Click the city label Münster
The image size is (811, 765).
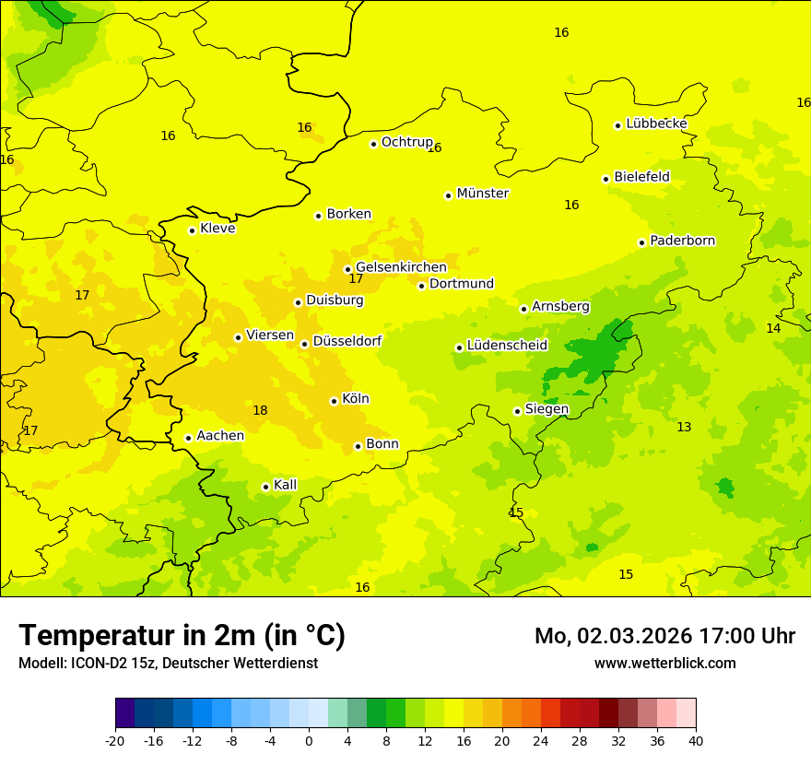click(482, 194)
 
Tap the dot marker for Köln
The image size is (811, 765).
click(334, 401)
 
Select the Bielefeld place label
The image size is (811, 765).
click(641, 177)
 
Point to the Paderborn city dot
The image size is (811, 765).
click(641, 242)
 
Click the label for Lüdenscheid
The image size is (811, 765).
click(507, 346)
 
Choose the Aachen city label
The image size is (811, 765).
click(220, 436)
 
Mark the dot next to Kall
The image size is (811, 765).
click(265, 487)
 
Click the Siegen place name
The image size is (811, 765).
click(547, 409)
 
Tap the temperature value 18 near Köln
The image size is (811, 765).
click(260, 411)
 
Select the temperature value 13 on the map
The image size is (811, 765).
click(684, 428)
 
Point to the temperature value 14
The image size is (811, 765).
click(773, 329)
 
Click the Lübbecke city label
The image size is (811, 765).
click(656, 124)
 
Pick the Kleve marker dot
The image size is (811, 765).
click(192, 230)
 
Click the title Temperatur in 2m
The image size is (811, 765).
click(182, 636)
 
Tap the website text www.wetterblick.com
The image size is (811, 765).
click(664, 664)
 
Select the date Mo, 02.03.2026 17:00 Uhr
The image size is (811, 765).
click(664, 637)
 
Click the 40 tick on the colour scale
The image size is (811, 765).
click(696, 740)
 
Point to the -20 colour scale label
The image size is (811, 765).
click(115, 740)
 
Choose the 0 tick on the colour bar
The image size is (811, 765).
click(309, 740)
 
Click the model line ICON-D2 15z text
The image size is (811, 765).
click(168, 664)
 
